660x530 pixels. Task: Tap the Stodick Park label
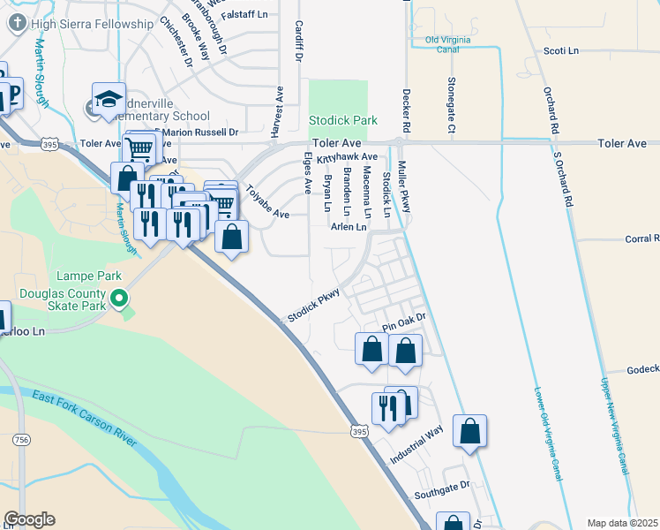(342, 119)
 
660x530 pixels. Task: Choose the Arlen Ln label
(348, 227)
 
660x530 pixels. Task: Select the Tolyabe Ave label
(267, 201)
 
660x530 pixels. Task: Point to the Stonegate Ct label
(450, 104)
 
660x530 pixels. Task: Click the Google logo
(29, 519)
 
